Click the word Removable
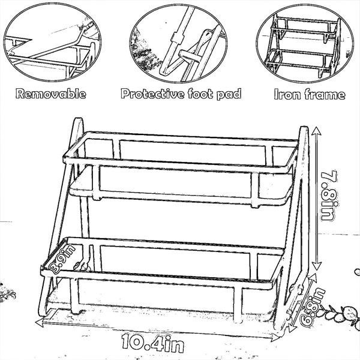pos(51,94)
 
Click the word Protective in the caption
pos(152,94)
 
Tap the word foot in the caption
pos(200,94)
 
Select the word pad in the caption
pos(229,94)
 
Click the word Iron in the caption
pos(287,94)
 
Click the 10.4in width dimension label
pos(153,343)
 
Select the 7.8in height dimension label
pos(329,196)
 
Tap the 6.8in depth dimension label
pos(313,307)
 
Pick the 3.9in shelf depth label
pos(62,259)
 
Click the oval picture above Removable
pos(52,43)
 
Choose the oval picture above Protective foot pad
pos(178,43)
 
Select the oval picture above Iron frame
pos(305,43)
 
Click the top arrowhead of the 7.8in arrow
pos(316,131)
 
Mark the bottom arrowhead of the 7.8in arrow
pos(317,266)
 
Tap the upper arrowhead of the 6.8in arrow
pos(313,277)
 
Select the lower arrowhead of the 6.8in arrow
pos(291,328)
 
